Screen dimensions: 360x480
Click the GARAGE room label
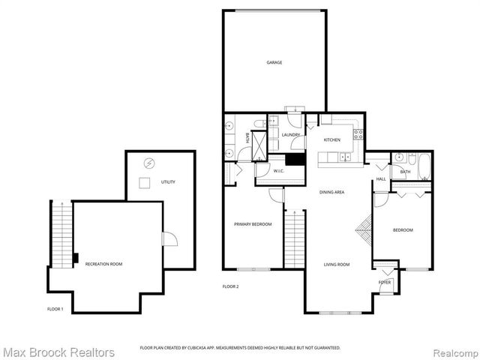pos(274,62)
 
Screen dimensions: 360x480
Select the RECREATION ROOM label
pos(104,264)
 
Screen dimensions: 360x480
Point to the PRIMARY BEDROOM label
pos(253,224)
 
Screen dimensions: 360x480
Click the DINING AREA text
pos(331,193)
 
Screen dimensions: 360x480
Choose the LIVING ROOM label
pos(337,264)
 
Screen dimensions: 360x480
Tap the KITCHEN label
pos(331,140)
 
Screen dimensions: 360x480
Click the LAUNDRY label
pos(291,135)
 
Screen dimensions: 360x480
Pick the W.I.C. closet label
pos(278,171)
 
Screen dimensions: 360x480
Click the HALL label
pos(381,179)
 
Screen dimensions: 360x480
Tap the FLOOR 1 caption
pos(55,309)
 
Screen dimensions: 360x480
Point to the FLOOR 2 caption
pos(231,286)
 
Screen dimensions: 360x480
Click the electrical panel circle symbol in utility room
pos(148,163)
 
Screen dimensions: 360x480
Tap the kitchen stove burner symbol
pos(358,135)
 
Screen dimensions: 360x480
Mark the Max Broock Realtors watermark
pos(58,352)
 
